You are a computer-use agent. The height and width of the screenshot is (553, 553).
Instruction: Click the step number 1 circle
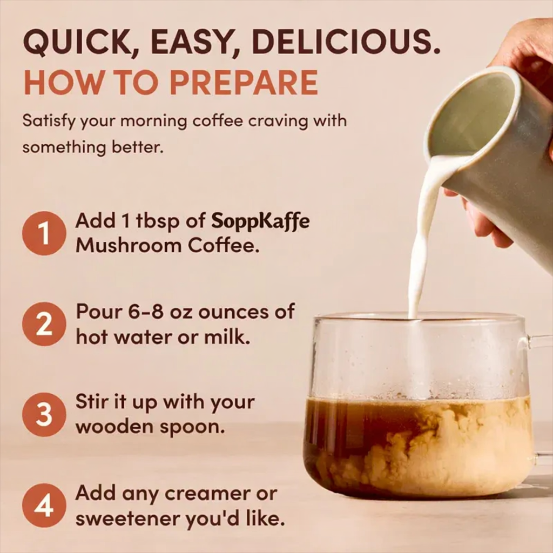44,233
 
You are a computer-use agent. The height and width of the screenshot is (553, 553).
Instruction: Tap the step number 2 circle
44,324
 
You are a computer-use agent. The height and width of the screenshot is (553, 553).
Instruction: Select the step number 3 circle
44,415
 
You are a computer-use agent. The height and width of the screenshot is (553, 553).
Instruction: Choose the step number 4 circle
44,505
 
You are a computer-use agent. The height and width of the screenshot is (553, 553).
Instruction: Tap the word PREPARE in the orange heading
244,82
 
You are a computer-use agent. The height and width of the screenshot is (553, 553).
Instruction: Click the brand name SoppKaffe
260,221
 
